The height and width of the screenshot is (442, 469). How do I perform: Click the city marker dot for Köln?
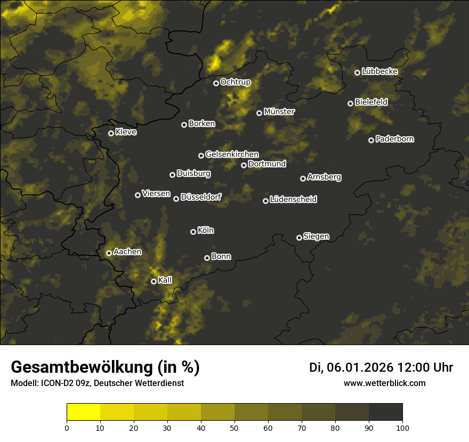point(193,232)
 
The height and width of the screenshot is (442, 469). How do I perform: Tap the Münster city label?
point(279,112)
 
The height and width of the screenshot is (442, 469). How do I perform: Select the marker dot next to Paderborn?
point(371,140)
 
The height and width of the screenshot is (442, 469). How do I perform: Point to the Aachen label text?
point(127,252)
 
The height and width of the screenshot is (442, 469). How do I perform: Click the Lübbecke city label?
point(379,71)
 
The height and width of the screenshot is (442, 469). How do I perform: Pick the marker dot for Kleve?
point(111,133)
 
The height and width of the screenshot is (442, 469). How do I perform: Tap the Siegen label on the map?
point(316,236)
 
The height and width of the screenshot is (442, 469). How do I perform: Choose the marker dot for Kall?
point(153,281)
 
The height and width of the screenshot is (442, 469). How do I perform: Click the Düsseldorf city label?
point(201,198)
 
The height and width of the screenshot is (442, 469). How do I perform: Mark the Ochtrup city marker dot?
point(216,83)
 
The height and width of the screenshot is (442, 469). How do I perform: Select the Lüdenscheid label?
point(293,200)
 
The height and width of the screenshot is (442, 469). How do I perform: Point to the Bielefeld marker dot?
point(350,103)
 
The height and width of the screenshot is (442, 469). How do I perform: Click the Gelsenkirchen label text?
point(232,154)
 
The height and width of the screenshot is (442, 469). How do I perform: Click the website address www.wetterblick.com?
point(385,383)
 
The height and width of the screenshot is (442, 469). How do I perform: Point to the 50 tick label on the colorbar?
point(234,428)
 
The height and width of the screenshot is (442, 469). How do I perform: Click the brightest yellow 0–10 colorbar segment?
point(84,412)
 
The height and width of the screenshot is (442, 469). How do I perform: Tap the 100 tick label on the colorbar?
point(402,428)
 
